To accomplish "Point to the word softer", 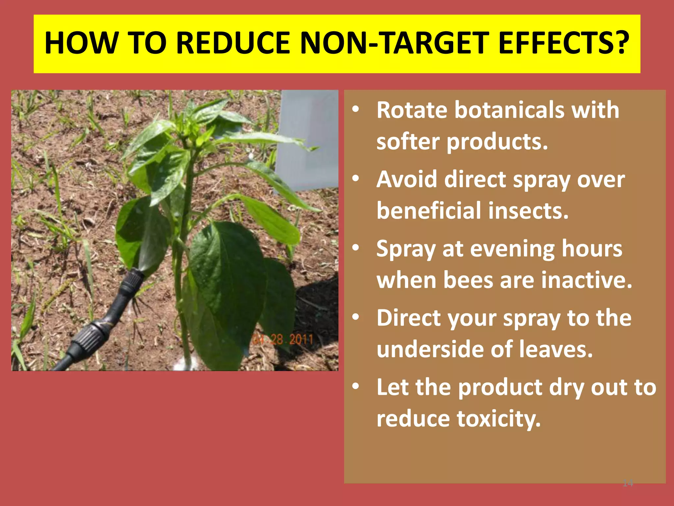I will pyautogui.click(x=408, y=142).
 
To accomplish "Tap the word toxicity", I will pyautogui.click(x=499, y=419).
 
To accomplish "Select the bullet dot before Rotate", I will pyautogui.click(x=355, y=110).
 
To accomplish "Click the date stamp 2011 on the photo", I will pyautogui.click(x=301, y=339).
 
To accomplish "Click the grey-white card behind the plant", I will pyautogui.click(x=308, y=138).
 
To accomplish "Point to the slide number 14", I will pyautogui.click(x=628, y=483).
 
